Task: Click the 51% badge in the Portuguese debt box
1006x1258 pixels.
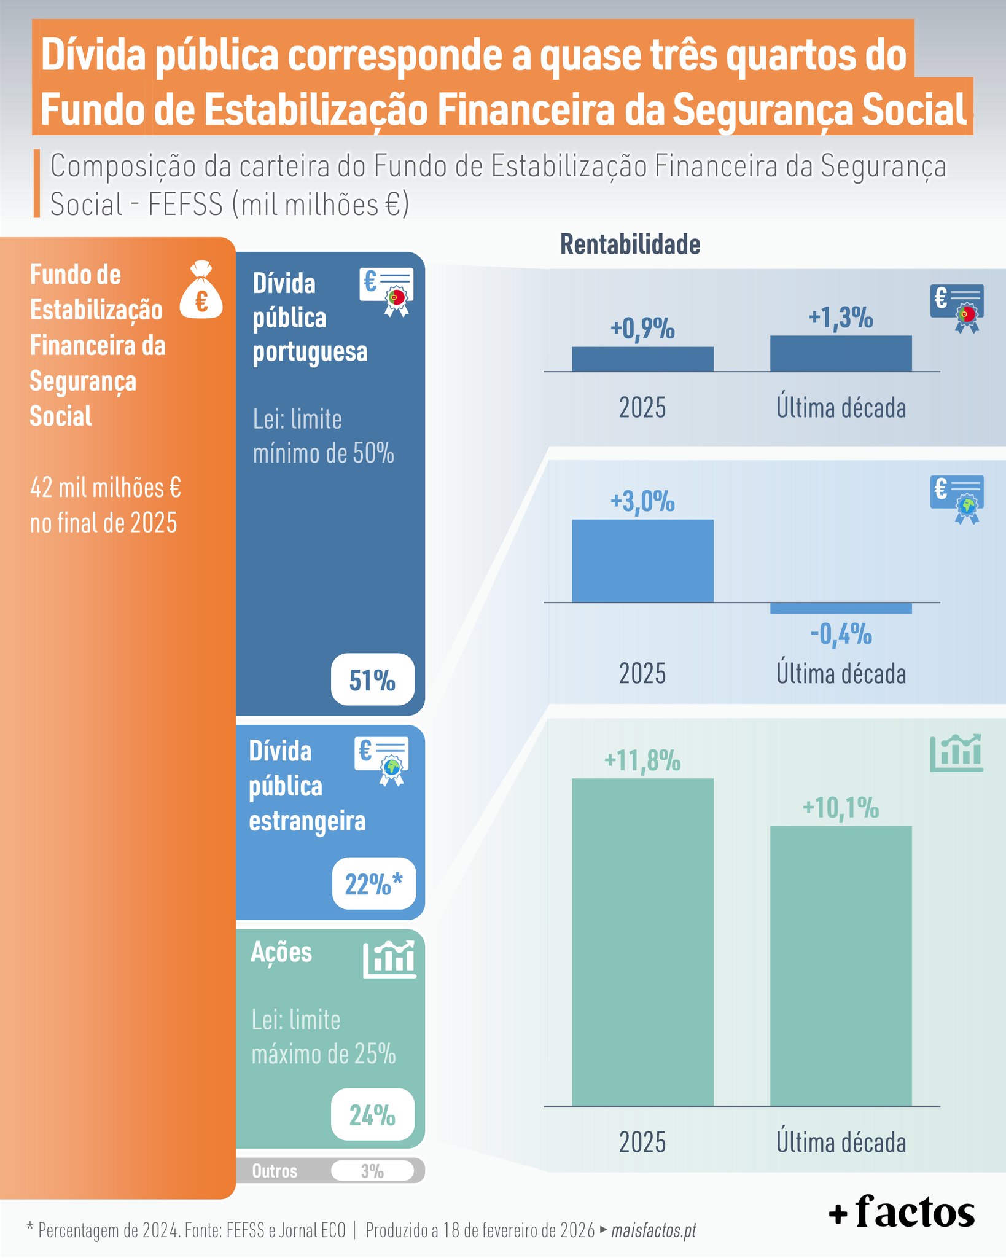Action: (x=372, y=679)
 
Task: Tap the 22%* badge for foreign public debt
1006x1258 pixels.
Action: (x=373, y=883)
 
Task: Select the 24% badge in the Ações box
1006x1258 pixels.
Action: (x=372, y=1114)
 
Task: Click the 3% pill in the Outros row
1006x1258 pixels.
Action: (x=372, y=1171)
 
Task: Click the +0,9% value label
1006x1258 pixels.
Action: (x=642, y=329)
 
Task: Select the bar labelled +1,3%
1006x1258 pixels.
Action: (x=840, y=353)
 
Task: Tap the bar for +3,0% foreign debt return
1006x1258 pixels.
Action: (x=642, y=560)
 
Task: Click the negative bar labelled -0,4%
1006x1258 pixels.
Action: (x=840, y=608)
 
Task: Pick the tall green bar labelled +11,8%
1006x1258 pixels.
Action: (x=642, y=941)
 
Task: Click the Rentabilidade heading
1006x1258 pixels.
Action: (x=630, y=244)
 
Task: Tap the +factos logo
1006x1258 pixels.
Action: (x=901, y=1211)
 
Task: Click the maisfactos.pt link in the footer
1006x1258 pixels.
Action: (x=653, y=1230)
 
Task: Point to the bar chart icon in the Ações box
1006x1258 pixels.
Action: (x=389, y=959)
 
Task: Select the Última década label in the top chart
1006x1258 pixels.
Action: (x=840, y=408)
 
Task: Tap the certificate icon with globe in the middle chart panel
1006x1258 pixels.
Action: (x=957, y=499)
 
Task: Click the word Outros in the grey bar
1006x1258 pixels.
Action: (x=275, y=1171)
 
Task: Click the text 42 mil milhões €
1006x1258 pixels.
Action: (x=106, y=488)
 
